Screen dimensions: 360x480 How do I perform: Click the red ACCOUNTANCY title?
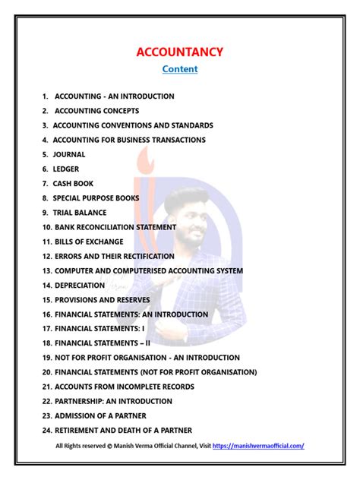(179, 52)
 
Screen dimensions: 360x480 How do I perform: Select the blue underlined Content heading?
(180, 69)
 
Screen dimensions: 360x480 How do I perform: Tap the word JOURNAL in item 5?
(69, 154)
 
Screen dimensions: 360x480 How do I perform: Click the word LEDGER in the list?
(66, 169)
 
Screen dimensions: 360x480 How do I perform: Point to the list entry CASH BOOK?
(74, 183)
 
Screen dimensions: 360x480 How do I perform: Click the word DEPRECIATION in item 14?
(79, 285)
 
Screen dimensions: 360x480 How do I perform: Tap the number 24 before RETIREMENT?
(46, 430)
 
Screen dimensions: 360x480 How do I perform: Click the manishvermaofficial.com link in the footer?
(258, 446)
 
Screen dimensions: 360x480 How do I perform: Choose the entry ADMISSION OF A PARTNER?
(99, 415)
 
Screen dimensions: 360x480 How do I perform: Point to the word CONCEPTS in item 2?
(118, 111)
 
